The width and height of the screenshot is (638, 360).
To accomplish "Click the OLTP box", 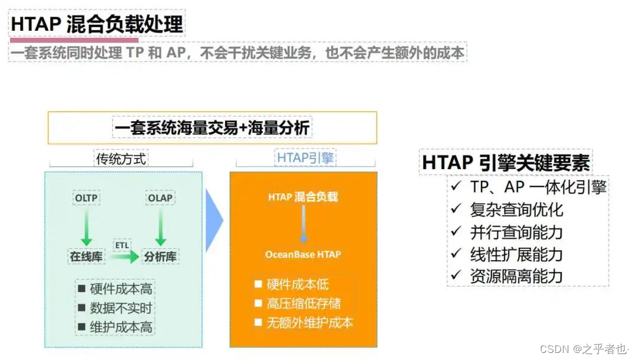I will point(86,197).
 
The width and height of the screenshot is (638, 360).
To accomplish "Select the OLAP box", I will point(160,197).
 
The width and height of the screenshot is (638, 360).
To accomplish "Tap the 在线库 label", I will point(87,257).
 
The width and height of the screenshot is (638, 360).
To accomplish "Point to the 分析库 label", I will point(160,257).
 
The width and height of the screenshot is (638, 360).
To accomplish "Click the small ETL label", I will point(122,244).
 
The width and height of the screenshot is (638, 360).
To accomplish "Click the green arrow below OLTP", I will point(86,227).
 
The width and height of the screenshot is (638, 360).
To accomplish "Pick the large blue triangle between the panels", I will point(214,220).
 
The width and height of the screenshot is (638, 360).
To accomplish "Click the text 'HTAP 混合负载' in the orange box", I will point(303,197).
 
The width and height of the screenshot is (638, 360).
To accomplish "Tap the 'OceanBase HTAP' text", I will point(303,254).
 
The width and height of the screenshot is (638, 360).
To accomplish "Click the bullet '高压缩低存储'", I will point(304,303).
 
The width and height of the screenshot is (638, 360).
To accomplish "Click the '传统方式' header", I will point(121,158).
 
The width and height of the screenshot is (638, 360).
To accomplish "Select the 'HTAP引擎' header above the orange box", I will point(305,158).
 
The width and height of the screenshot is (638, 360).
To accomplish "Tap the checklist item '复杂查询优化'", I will point(516,209).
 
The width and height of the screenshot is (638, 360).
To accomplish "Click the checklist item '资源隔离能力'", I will point(516,275).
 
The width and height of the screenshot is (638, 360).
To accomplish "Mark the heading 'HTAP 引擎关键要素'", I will point(506,162).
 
